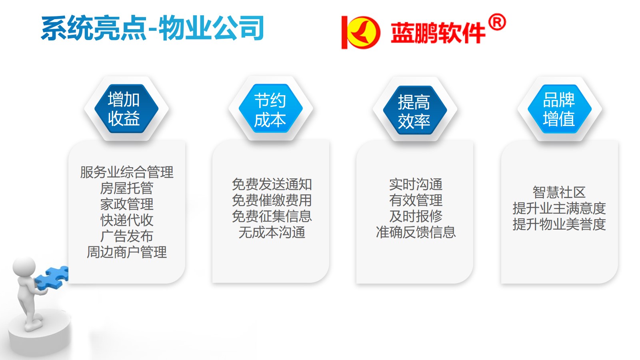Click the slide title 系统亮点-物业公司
152,28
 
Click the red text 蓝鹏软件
438,33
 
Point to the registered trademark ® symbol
497,22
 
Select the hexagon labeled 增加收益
126,108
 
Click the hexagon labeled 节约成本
270,108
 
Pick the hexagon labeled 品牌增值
560,109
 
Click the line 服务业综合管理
126,172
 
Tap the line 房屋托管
126,188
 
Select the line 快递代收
126,220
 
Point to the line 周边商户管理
126,252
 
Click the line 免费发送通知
272,184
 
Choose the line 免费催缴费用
272,200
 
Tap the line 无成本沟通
272,232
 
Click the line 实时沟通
416,184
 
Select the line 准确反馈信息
416,232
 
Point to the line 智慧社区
559,192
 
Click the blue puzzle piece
52,278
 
